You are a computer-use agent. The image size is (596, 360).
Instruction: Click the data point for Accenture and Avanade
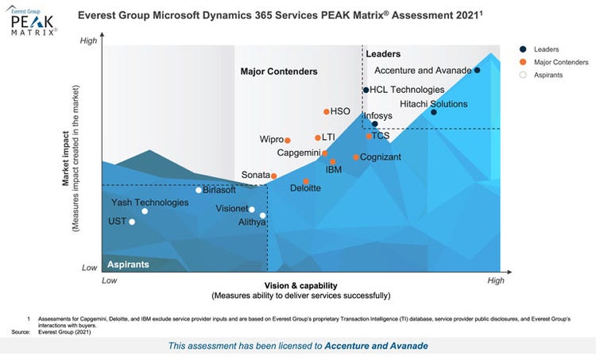(477, 70)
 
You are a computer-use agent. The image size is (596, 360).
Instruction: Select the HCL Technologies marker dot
(366, 90)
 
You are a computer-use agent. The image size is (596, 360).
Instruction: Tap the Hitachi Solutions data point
(434, 112)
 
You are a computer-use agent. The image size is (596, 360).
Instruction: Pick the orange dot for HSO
(327, 112)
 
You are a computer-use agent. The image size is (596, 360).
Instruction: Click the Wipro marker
(288, 141)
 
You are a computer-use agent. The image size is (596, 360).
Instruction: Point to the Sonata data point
(273, 176)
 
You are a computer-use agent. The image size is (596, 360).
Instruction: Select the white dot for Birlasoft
(199, 190)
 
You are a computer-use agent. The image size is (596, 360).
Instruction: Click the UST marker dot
(132, 222)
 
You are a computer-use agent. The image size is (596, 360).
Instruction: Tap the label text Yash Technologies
(149, 203)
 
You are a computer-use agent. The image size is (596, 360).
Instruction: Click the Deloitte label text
(305, 188)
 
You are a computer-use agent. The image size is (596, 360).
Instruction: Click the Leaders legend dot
(522, 48)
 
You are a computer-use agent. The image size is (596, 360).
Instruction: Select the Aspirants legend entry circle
(522, 75)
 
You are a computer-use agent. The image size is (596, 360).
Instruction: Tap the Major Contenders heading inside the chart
(279, 72)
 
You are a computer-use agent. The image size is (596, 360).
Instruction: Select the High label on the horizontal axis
(495, 281)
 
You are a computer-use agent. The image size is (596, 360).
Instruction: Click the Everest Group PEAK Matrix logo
(33, 22)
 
